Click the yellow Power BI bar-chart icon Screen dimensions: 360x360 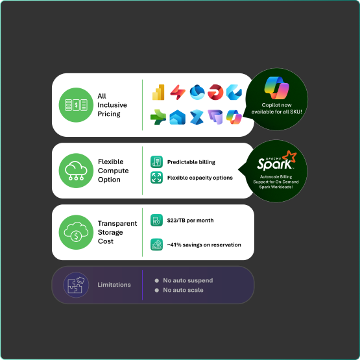coord(158,92)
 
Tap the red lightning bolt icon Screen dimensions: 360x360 coord(178,92)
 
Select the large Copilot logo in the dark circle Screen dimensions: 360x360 coord(277,88)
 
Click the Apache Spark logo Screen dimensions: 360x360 coord(277,161)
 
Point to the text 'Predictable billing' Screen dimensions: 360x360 coord(191,162)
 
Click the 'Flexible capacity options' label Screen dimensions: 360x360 coord(200,178)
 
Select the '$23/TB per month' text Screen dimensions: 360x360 coord(190,221)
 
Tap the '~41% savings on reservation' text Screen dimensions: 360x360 coord(204,245)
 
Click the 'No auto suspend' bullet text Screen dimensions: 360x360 coord(188,280)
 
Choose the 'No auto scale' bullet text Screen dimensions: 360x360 coord(183,290)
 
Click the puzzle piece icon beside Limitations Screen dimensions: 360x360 coord(76,285)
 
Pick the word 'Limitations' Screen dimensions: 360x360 coord(114,285)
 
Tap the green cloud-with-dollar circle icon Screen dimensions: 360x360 coord(76,232)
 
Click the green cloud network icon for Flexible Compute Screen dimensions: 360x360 coord(76,171)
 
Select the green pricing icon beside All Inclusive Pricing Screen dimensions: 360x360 coord(76,105)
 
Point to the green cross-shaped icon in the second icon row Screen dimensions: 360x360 coord(158,117)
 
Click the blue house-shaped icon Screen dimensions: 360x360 coord(177,117)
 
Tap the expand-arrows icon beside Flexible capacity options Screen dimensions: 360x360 coord(156,178)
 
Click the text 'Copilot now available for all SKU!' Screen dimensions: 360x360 coord(277,108)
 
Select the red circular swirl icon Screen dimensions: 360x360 coord(215,92)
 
